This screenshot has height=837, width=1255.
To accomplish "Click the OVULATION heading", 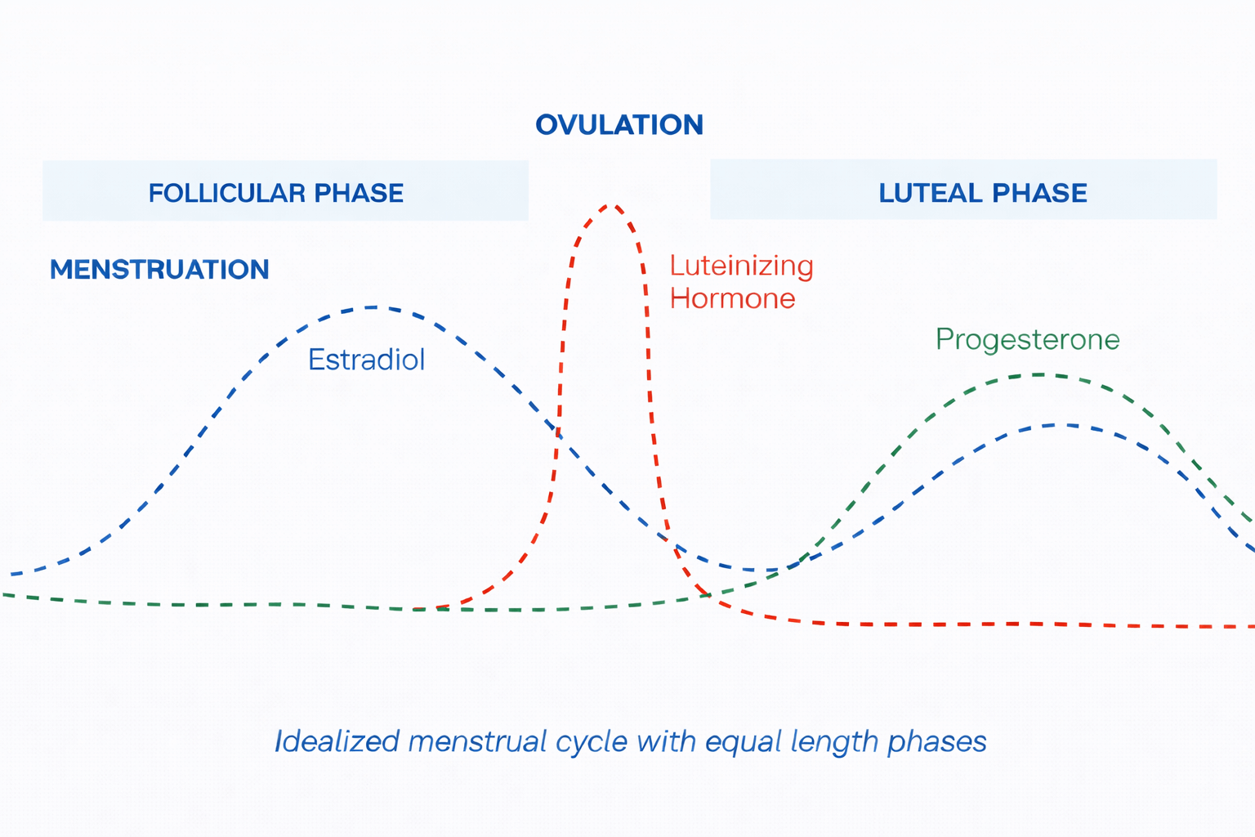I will pyautogui.click(x=619, y=125).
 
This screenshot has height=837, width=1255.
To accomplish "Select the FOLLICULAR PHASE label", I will pyautogui.click(x=275, y=193).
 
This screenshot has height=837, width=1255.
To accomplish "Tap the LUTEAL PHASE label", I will pyautogui.click(x=982, y=193).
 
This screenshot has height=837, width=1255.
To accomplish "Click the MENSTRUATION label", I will pyautogui.click(x=159, y=270).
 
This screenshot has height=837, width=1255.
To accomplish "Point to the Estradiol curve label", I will pyautogui.click(x=366, y=360).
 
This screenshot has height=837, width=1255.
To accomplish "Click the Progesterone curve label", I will pyautogui.click(x=1027, y=339).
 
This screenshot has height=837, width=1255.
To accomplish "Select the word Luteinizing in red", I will pyautogui.click(x=741, y=266).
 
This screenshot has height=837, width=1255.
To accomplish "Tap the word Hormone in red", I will pyautogui.click(x=732, y=298).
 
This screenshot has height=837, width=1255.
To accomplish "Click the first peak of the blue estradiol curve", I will pyautogui.click(x=373, y=307).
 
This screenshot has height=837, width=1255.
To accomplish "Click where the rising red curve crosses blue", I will pyautogui.click(x=558, y=431).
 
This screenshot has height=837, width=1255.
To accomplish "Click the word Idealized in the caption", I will pyautogui.click(x=336, y=741).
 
